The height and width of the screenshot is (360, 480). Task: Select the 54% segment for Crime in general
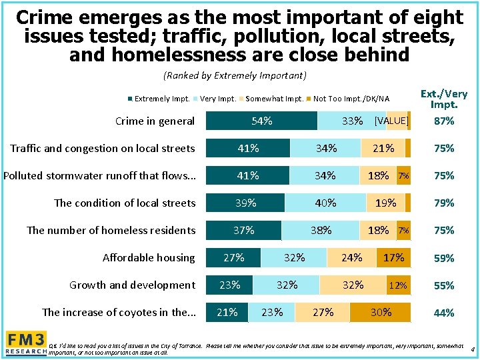click(x=261, y=121)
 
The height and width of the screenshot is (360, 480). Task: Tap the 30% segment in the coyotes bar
click(x=381, y=312)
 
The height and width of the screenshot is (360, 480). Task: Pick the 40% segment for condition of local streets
click(x=325, y=203)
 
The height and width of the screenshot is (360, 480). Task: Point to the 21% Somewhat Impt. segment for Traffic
click(x=383, y=148)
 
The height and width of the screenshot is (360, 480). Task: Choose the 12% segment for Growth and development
click(x=398, y=285)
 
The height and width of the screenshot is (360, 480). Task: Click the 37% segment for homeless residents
click(x=243, y=230)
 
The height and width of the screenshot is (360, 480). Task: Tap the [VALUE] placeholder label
click(x=391, y=121)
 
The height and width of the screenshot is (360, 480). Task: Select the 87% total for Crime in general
click(x=443, y=121)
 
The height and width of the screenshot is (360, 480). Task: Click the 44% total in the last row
click(x=443, y=313)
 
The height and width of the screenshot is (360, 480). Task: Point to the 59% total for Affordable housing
click(x=443, y=258)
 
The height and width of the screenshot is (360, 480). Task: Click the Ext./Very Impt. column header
click(x=443, y=99)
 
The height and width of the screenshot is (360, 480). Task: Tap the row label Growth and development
click(x=132, y=285)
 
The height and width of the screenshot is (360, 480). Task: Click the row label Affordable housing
click(x=149, y=257)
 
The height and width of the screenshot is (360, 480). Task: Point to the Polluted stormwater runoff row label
click(x=99, y=175)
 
